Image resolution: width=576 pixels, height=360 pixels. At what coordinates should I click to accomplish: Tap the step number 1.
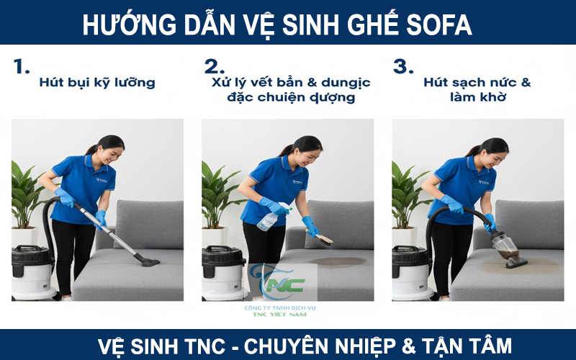tap(22, 67)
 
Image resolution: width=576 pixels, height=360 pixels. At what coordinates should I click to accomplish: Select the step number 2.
tap(214, 67)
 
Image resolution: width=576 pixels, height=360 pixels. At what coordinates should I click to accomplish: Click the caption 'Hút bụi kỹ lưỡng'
tap(97, 82)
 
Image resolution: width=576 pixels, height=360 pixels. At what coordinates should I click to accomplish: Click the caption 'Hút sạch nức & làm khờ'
tap(477, 89)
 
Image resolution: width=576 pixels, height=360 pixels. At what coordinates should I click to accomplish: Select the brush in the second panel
tap(321, 238)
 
